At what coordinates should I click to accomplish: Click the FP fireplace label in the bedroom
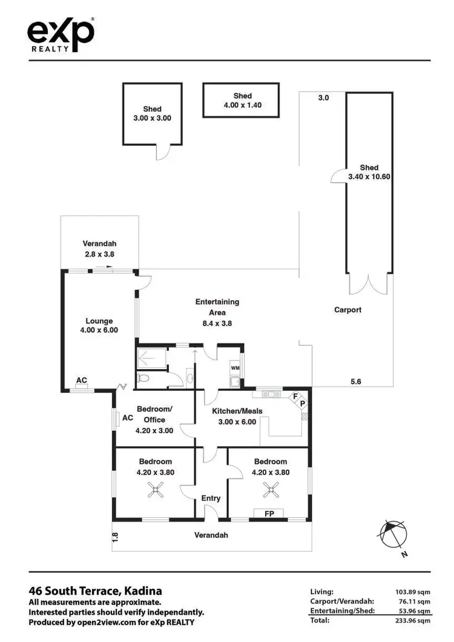271,513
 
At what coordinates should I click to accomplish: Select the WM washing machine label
235,367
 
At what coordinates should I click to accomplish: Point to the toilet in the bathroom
143,378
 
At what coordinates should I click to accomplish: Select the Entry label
211,498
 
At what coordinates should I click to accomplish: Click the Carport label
347,310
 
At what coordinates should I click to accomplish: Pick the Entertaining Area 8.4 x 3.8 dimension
217,323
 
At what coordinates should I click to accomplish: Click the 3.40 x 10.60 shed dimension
369,177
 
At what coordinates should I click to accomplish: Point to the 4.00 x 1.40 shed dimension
242,105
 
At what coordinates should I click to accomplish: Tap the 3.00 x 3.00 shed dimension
152,119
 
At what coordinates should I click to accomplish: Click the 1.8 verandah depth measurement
115,536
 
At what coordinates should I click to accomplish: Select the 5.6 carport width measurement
357,381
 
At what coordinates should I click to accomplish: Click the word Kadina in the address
143,591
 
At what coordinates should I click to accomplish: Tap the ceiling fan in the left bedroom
157,490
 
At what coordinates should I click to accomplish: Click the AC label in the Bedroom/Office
128,418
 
